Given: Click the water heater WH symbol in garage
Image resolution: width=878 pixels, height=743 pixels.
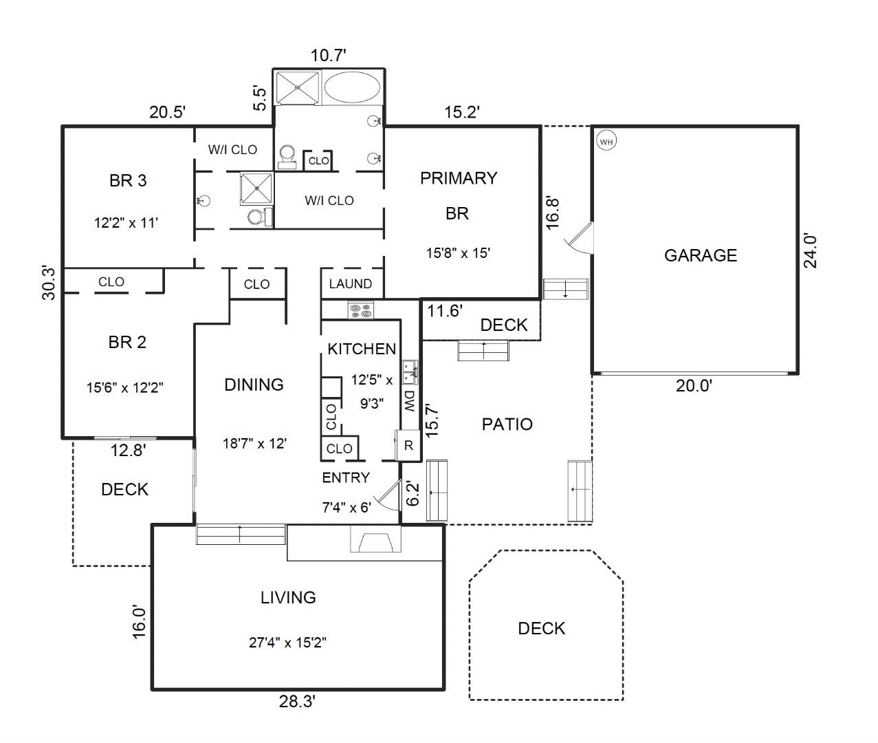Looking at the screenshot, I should click(606, 142).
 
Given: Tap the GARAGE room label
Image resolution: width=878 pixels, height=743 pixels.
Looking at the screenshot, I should click(700, 255).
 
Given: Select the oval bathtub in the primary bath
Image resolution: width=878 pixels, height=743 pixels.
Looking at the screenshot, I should click(351, 88).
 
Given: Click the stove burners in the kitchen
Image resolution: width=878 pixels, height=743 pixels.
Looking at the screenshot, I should click(360, 310).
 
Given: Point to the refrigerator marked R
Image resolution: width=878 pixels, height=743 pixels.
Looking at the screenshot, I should click(408, 445).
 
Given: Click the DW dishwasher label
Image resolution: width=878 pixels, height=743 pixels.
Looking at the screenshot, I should click(410, 400).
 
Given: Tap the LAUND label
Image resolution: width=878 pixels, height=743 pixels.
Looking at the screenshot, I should click(350, 283).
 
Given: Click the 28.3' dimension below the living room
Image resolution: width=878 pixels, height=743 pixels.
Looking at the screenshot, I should click(297, 702).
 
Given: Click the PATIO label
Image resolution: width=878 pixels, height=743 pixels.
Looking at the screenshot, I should click(507, 424).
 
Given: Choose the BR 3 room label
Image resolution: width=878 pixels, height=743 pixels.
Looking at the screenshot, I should click(128, 181).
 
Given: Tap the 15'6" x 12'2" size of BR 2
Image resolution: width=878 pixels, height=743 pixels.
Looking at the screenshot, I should click(124, 387).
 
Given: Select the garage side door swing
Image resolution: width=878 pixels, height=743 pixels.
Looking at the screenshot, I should click(578, 239).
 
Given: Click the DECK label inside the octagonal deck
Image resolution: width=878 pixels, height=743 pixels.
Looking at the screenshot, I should click(541, 628).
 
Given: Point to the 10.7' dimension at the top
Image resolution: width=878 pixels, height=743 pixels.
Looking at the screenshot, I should click(328, 55).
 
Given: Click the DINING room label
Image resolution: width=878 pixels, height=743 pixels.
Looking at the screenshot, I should click(254, 385).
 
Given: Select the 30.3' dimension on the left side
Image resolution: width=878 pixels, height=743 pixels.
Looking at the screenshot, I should click(49, 282).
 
